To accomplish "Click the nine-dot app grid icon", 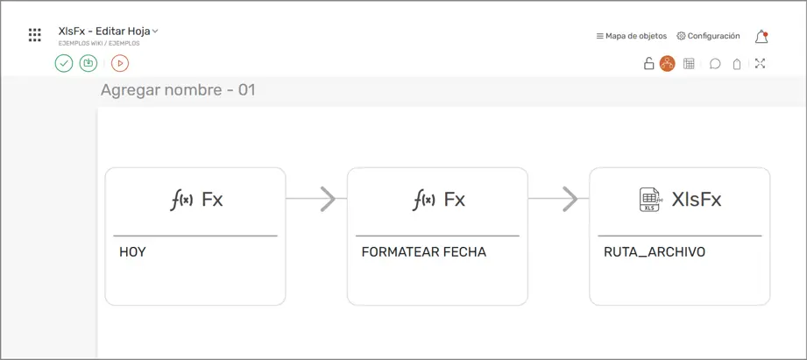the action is pyautogui.click(x=34, y=35).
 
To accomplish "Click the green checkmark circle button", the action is pyautogui.click(x=64, y=63).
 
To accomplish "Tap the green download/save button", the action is pyautogui.click(x=88, y=63).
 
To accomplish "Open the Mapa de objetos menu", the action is pyautogui.click(x=632, y=36).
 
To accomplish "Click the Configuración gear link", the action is pyautogui.click(x=708, y=36).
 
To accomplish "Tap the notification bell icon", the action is pyautogui.click(x=761, y=37).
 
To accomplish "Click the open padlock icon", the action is pyautogui.click(x=649, y=63).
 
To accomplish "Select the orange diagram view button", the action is pyautogui.click(x=668, y=63).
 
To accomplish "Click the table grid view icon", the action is pyautogui.click(x=689, y=63).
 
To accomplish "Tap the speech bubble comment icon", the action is pyautogui.click(x=715, y=64).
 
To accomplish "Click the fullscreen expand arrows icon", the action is pyautogui.click(x=761, y=63).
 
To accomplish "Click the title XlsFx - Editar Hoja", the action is pyautogui.click(x=104, y=31).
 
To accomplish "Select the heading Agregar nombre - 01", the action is pyautogui.click(x=178, y=90).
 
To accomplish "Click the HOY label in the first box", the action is pyautogui.click(x=132, y=252).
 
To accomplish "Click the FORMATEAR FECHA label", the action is pyautogui.click(x=423, y=252).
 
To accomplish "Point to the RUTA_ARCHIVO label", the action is pyautogui.click(x=655, y=252).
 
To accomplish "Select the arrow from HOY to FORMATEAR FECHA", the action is pyautogui.click(x=316, y=199).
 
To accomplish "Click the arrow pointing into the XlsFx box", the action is pyautogui.click(x=558, y=199).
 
